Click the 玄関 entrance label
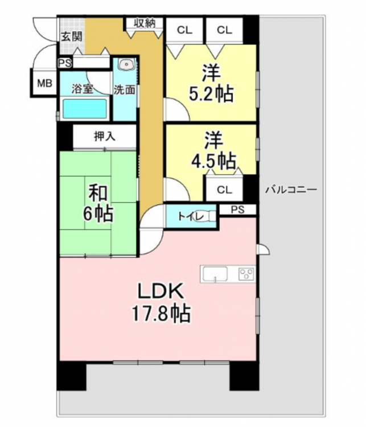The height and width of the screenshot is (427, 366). click(x=71, y=36)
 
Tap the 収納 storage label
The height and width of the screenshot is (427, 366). click(x=145, y=23)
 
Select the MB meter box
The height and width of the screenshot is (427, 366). click(x=44, y=83)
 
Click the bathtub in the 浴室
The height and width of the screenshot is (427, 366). click(x=84, y=109)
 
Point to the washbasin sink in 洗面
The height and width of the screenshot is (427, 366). click(x=126, y=64)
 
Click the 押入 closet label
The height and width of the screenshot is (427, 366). click(x=105, y=136)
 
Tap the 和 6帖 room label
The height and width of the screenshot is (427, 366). click(x=98, y=203)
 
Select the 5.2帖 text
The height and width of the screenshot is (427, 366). click(x=211, y=94)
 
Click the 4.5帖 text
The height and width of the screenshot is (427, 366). click(x=213, y=161)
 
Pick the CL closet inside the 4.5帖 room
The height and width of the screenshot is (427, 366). click(x=224, y=188)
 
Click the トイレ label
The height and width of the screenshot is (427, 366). click(x=191, y=217)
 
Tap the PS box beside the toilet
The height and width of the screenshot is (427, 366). click(x=238, y=210)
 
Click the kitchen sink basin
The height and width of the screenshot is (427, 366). click(x=215, y=273)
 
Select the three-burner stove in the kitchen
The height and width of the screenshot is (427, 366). click(x=246, y=274)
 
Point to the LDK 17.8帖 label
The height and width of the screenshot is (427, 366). click(x=161, y=302)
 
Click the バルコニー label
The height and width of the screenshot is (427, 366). click(x=291, y=189)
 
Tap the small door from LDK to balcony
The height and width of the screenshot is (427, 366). click(x=264, y=249)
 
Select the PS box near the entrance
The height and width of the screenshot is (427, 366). click(x=65, y=63)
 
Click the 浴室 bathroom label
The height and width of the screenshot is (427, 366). click(x=82, y=89)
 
